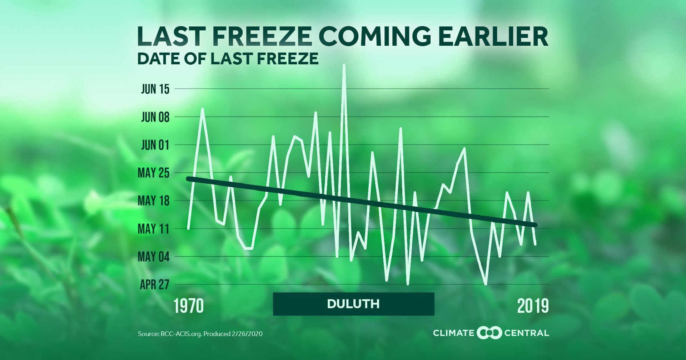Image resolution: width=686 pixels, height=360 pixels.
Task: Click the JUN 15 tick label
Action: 155,89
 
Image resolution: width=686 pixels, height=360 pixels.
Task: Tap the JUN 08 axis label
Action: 155,117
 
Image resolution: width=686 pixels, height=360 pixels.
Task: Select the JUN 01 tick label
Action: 155,145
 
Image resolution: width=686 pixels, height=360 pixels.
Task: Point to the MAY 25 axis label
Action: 154,173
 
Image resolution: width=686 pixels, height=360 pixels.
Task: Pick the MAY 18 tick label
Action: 154,201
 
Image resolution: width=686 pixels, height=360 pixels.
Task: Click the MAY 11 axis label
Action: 154,229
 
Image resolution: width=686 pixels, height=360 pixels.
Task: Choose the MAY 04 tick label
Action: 154,257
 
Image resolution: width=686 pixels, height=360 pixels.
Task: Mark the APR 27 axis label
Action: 154,285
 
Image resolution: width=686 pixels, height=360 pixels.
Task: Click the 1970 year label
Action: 189,306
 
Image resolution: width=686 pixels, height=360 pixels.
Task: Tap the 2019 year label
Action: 533,306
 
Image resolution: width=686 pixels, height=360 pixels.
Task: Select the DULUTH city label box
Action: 353,304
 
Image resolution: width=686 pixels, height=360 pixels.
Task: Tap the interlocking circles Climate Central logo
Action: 489,333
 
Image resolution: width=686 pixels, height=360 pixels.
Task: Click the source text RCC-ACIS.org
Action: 182,334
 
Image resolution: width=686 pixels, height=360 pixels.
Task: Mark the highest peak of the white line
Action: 344,65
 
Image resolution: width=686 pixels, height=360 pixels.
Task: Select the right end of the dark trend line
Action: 535,225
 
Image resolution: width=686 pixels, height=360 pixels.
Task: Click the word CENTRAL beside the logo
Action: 526,333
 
